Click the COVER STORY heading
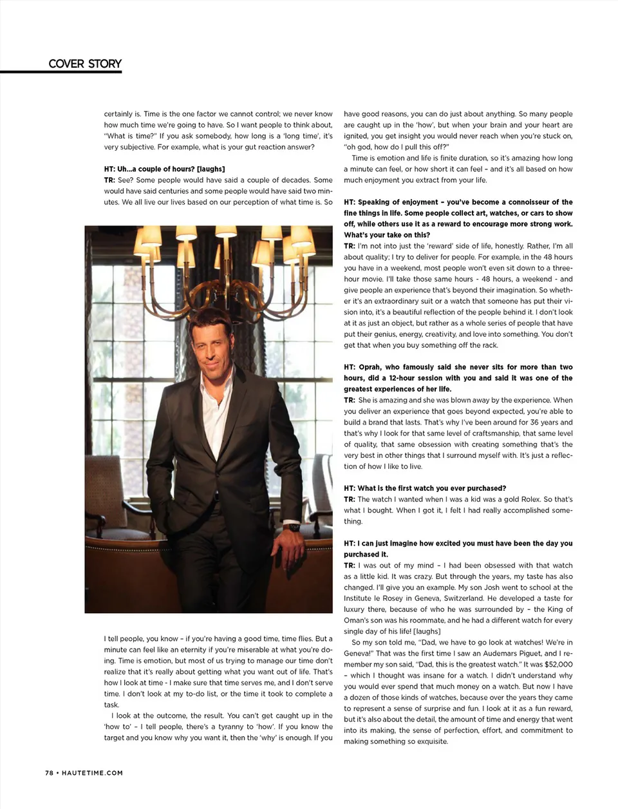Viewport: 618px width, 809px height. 85,64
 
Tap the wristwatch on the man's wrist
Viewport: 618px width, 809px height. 294,527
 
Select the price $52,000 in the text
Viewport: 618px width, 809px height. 557,664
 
